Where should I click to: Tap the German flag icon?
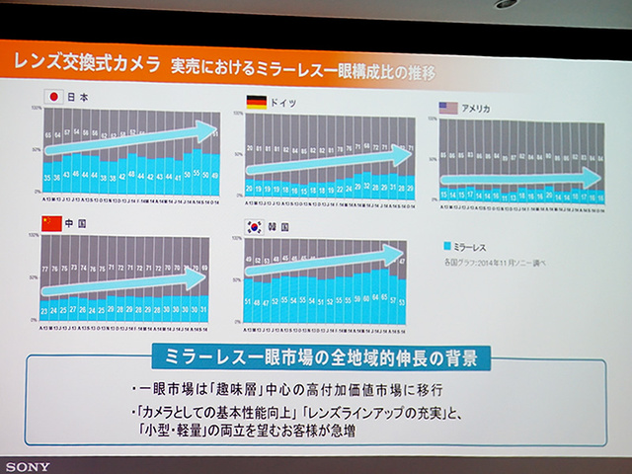pyautogui.click(x=255, y=103)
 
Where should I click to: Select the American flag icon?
pyautogui.click(x=446, y=108)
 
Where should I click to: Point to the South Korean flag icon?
pyautogui.click(x=253, y=226)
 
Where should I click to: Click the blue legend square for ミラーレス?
pyautogui.click(x=449, y=243)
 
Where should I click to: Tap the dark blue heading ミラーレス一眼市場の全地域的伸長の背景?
pyautogui.click(x=317, y=355)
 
